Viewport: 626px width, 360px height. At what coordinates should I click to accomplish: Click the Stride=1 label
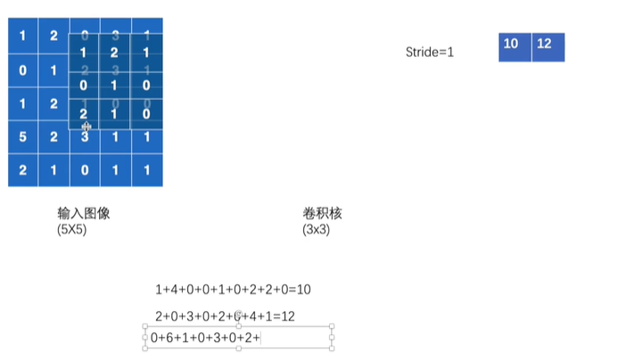coord(429,53)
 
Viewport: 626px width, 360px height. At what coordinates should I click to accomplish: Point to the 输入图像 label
coord(84,214)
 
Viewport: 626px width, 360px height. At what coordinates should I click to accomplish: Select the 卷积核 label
coord(323,214)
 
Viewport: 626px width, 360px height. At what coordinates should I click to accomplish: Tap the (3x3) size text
coord(317,229)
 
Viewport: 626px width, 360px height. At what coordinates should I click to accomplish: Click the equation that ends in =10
coord(232,290)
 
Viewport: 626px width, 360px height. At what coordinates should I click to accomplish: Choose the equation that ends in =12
coord(225,316)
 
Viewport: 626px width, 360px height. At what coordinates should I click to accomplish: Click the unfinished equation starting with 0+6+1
coord(205,338)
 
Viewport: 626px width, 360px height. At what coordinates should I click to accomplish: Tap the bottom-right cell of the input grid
coord(146,169)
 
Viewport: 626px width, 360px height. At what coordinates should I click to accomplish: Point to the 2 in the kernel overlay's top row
coord(114,53)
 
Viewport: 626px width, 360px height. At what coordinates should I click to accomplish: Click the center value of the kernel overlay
coord(114,86)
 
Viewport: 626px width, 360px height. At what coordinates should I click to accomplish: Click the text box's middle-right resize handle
coord(332,338)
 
